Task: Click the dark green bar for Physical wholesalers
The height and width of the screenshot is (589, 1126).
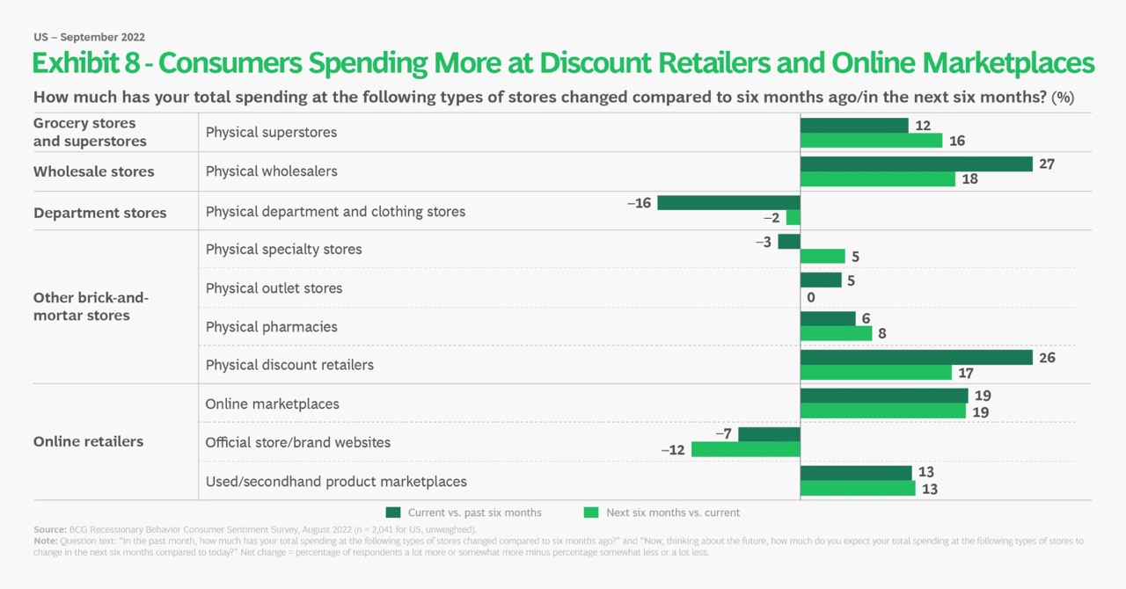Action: pyautogui.click(x=916, y=164)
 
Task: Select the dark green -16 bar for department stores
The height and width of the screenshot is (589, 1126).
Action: pyautogui.click(x=728, y=203)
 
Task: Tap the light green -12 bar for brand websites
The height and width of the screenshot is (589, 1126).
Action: pyautogui.click(x=745, y=449)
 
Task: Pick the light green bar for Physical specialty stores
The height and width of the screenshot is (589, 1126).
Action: pyautogui.click(x=823, y=257)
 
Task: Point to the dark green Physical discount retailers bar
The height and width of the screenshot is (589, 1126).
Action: pyautogui.click(x=916, y=358)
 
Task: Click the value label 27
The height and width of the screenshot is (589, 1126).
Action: pyautogui.click(x=1047, y=164)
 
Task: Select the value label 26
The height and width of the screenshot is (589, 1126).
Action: pyautogui.click(x=1047, y=358)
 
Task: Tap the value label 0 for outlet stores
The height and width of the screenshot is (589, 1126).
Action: pyautogui.click(x=810, y=297)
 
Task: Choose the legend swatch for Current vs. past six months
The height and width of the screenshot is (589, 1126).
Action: pyautogui.click(x=393, y=513)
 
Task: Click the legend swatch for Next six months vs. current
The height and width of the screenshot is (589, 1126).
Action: pyautogui.click(x=591, y=513)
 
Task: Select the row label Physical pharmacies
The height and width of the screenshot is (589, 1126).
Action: pyautogui.click(x=271, y=327)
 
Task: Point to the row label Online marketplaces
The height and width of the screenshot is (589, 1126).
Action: pyautogui.click(x=272, y=404)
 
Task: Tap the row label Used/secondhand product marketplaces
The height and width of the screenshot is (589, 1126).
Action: pyautogui.click(x=336, y=482)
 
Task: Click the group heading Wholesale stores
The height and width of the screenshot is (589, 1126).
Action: pyautogui.click(x=93, y=172)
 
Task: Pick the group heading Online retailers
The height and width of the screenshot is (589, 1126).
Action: pyautogui.click(x=88, y=441)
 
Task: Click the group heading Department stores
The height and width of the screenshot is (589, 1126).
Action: pyautogui.click(x=99, y=213)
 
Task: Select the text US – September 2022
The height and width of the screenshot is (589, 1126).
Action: pyautogui.click(x=89, y=37)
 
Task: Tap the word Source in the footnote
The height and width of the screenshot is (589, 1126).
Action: pyautogui.click(x=49, y=529)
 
